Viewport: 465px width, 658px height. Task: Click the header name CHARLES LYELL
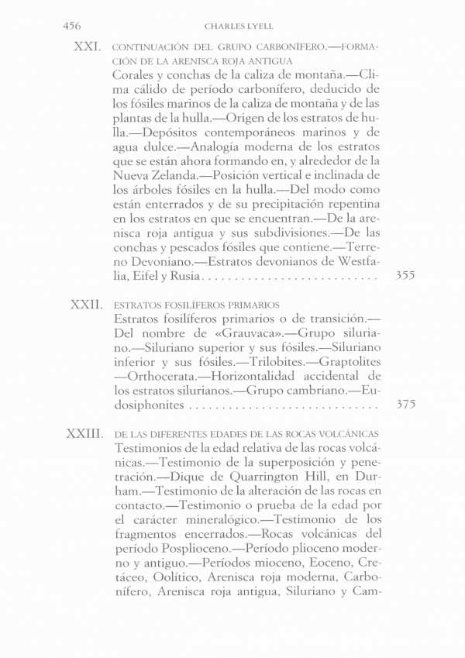(232, 26)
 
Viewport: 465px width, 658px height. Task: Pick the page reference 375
(405, 405)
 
